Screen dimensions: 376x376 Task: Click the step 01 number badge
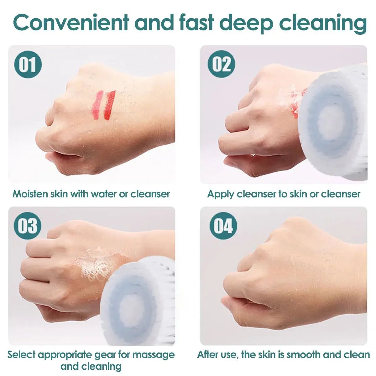point(28,64)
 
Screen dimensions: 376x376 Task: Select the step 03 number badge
point(28,226)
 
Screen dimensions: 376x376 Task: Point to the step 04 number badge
point(223,226)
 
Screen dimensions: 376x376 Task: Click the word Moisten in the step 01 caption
point(30,194)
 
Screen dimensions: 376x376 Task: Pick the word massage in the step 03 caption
point(154,355)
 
